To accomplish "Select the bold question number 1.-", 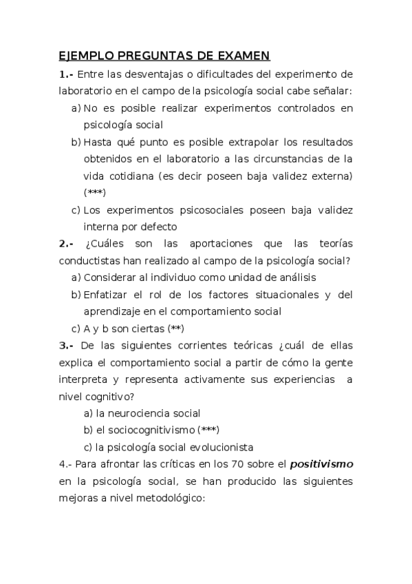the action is tap(66, 74).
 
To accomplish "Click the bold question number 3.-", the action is tap(66, 345).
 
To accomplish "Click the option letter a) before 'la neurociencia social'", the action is tap(89, 413).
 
